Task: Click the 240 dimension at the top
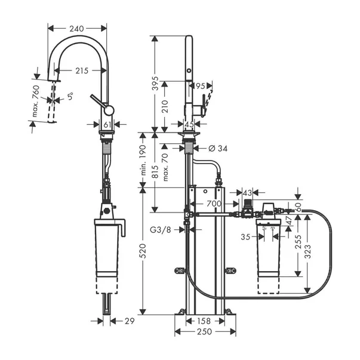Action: pyautogui.click(x=77, y=27)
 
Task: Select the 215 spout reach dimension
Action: pyautogui.click(x=82, y=70)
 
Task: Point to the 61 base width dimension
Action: pyautogui.click(x=107, y=124)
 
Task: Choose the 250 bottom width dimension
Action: pyautogui.click(x=205, y=332)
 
